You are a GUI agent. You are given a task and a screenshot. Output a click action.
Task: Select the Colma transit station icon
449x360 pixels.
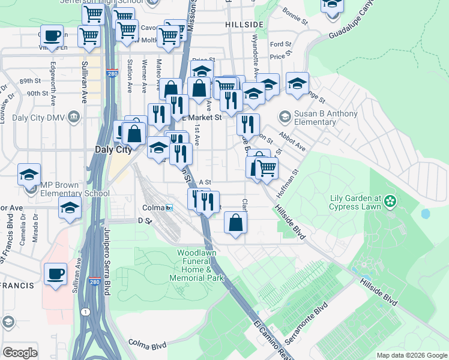pos(170,208)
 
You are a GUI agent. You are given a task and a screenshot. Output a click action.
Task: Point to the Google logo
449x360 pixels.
pos(19,352)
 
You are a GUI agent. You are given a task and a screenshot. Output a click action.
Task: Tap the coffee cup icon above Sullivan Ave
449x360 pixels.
pos(52,35)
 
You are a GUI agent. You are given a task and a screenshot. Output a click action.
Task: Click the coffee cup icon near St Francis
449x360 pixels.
pos(56,274)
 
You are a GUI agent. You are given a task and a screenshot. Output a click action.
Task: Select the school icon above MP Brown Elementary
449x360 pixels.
pos(29,175)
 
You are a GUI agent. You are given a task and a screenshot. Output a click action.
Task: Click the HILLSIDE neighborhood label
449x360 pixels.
pos(244,24)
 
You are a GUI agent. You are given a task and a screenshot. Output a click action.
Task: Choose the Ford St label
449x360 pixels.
pos(280,44)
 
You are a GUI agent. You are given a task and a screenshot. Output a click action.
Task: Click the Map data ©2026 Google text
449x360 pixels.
pos(411,355)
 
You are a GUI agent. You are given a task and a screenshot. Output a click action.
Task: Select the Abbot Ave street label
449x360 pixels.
pos(292,142)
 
